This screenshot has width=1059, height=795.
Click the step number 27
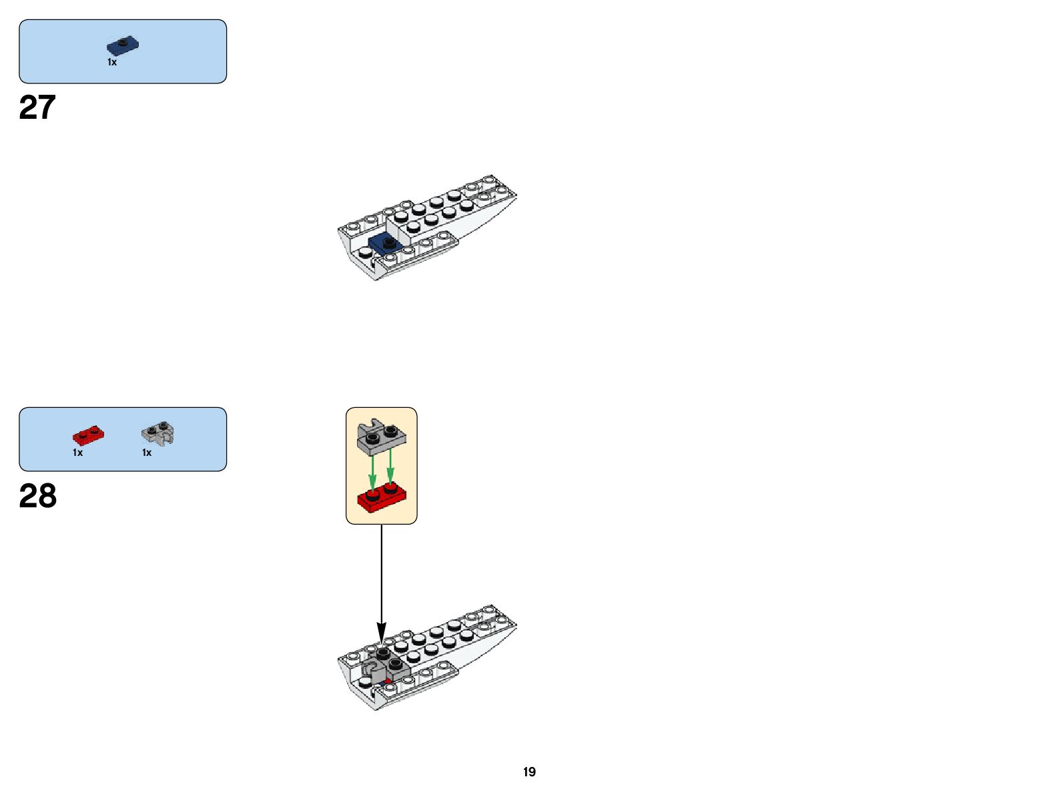(x=37, y=107)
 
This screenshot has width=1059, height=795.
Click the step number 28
(x=38, y=497)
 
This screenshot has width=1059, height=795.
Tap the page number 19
(x=529, y=772)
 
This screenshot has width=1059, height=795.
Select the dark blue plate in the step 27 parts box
(x=123, y=46)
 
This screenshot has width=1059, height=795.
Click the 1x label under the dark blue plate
(x=112, y=62)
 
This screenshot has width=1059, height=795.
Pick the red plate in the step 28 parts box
(x=88, y=435)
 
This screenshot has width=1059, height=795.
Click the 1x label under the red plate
(x=78, y=453)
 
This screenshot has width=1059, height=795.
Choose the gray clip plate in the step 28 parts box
(x=158, y=434)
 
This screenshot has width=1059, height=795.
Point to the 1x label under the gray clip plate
(x=147, y=453)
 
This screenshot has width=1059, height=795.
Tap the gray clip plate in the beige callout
(x=382, y=437)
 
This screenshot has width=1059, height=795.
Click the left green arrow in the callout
(x=372, y=471)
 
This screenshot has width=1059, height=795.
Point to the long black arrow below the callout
(x=382, y=574)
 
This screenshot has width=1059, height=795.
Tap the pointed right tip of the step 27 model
(x=514, y=194)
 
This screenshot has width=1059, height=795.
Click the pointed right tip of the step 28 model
(x=514, y=625)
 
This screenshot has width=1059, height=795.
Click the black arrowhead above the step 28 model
(x=382, y=631)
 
